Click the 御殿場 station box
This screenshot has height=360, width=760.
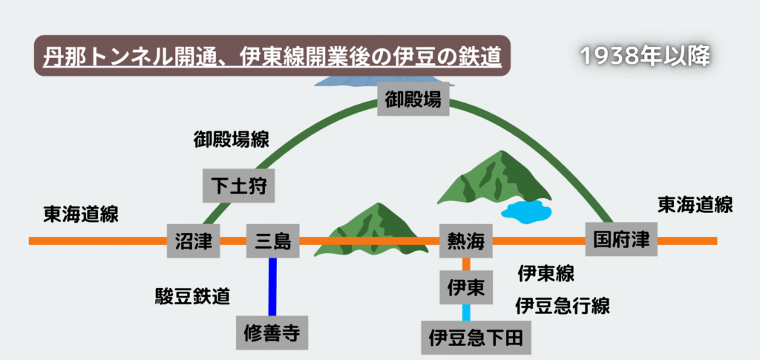pos(414,99)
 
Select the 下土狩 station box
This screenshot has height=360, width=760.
pos(239,185)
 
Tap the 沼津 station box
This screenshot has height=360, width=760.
pos(194,240)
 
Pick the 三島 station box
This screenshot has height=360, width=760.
pos(272,240)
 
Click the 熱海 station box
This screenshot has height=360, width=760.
pos(466,240)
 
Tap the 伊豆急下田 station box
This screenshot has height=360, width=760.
pos(476,338)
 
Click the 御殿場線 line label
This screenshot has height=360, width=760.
pos(231,139)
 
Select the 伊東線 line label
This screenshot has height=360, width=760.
pos(546,273)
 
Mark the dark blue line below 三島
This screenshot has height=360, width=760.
pos(273,286)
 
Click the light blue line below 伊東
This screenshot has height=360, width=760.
pos(467,312)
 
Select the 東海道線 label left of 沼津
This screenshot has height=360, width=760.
pos(81,215)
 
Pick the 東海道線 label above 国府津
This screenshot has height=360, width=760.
pos(695,205)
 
